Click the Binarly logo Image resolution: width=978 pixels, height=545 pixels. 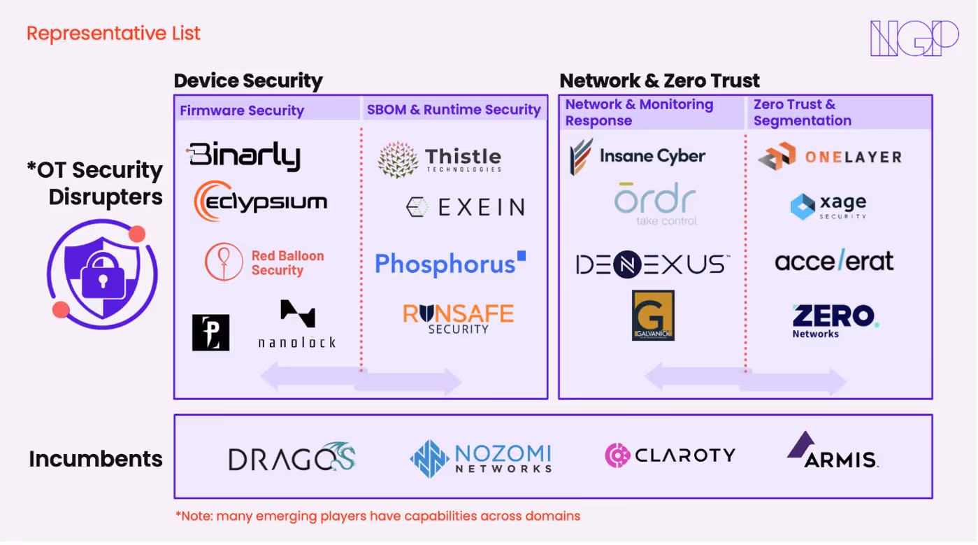click(244, 156)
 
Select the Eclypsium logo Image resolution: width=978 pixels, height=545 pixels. click(261, 202)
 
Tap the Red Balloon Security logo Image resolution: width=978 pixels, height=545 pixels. click(265, 262)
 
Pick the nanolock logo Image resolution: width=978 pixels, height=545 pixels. click(297, 325)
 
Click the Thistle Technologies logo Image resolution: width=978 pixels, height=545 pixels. click(440, 160)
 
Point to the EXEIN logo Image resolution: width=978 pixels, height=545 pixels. click(465, 207)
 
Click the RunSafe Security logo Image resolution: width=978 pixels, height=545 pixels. click(458, 318)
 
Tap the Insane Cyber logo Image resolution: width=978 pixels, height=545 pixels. click(638, 156)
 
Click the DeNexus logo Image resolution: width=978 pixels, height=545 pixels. click(652, 264)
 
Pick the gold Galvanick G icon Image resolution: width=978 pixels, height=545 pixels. click(653, 316)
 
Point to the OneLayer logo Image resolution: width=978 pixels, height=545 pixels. click(830, 157)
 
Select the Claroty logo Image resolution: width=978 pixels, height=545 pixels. click(670, 455)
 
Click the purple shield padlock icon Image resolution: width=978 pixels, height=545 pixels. click(102, 274)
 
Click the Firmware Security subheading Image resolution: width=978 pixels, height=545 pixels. click(242, 111)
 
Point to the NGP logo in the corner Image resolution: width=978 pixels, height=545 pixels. click(914, 38)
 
